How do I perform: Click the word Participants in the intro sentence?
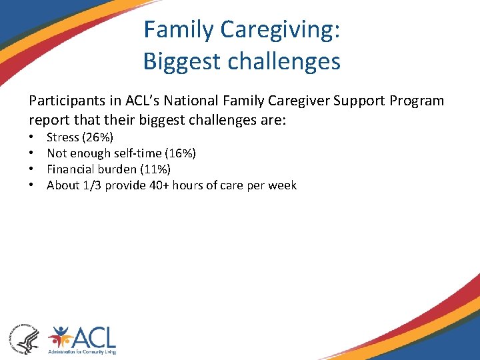point(64,101)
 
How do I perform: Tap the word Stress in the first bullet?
point(63,137)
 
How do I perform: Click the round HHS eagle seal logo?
point(24,337)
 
